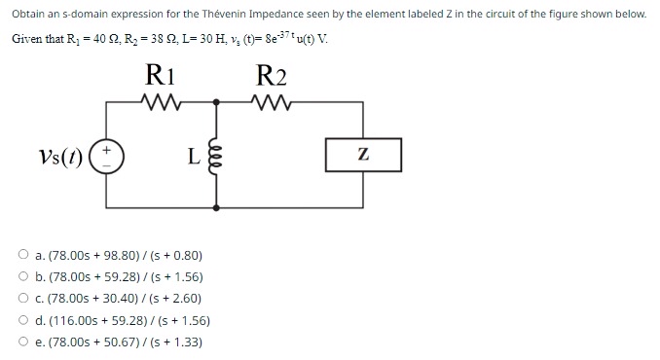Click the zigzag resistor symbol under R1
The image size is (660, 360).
tap(158, 100)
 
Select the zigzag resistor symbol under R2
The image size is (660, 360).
tap(270, 100)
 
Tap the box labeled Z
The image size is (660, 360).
tap(362, 155)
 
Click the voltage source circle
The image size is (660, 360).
tap(107, 156)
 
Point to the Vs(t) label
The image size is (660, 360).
tap(58, 157)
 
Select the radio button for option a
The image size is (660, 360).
tap(21, 256)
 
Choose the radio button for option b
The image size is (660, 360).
tap(21, 277)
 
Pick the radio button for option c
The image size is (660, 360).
tap(21, 299)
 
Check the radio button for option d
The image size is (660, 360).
tap(21, 320)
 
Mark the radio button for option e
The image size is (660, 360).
tap(21, 342)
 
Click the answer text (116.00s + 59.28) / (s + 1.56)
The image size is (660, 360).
tap(123, 320)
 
